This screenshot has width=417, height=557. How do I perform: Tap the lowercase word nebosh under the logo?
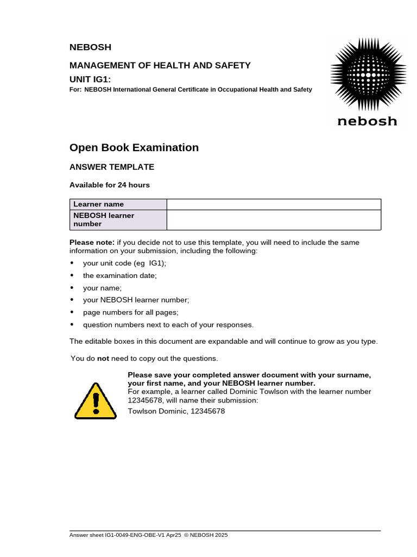pyautogui.click(x=367, y=121)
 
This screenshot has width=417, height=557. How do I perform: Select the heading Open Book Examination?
pyautogui.click(x=134, y=147)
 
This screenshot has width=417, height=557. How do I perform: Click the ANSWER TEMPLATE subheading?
pyautogui.click(x=112, y=167)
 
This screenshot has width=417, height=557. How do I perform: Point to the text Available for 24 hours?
pyautogui.click(x=110, y=185)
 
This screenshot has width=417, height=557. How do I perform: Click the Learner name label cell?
pyautogui.click(x=118, y=204)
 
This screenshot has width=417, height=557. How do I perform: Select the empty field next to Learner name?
pyautogui.click(x=274, y=204)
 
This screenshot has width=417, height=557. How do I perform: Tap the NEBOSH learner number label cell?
pyautogui.click(x=118, y=220)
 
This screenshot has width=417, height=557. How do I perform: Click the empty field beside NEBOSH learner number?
pyautogui.click(x=274, y=220)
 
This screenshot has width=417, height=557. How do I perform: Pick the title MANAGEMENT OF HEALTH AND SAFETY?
pyautogui.click(x=160, y=65)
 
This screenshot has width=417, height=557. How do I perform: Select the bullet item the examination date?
pyautogui.click(x=119, y=275)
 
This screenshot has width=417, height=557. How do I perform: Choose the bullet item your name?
pyautogui.click(x=103, y=288)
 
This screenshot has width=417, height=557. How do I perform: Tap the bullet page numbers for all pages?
pyautogui.click(x=130, y=312)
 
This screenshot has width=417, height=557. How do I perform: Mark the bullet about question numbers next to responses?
pyautogui.click(x=168, y=325)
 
